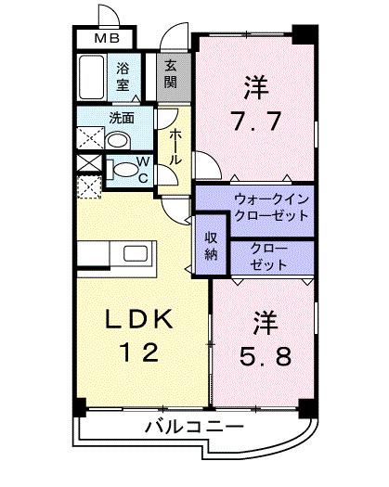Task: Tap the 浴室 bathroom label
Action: (x=122, y=73)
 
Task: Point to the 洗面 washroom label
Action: (x=121, y=118)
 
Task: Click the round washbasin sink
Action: (x=117, y=140)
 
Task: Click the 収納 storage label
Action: (x=211, y=242)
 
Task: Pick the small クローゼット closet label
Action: (x=270, y=256)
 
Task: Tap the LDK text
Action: (x=138, y=319)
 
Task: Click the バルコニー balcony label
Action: (x=194, y=428)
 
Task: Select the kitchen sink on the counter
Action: (x=136, y=253)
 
